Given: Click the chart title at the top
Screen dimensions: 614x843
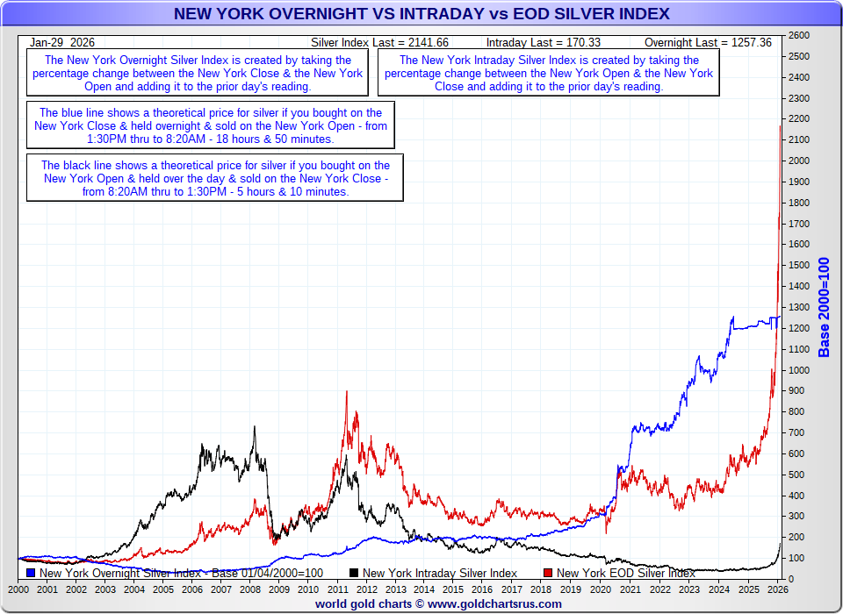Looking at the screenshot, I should coord(421,14).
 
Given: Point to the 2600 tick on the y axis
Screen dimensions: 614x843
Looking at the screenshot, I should coord(798,36).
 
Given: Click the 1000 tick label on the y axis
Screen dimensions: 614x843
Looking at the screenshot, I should coord(798,370).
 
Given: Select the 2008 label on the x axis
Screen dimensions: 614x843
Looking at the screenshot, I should coord(250,590).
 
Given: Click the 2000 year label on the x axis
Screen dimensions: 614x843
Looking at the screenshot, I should coord(18,590).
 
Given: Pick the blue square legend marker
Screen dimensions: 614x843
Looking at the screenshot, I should coord(32,573).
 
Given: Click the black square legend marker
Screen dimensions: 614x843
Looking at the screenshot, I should coord(354,573).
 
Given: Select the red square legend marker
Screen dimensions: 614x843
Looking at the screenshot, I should coord(548,573).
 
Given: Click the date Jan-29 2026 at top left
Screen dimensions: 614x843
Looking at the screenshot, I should coord(62,42).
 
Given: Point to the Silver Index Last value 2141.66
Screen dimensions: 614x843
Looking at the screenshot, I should coord(429,42).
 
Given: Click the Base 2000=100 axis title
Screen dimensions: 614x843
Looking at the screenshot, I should coord(824,307).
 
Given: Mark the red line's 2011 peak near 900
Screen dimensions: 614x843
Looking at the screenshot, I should coord(346,391).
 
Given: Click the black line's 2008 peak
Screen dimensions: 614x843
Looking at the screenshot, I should coord(255,427).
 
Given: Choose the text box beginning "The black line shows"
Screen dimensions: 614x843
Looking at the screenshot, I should coord(214,178).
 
